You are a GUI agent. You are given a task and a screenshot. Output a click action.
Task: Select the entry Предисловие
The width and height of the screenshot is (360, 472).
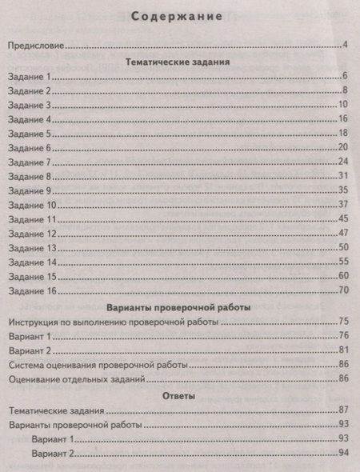pyautogui.click(x=35, y=45)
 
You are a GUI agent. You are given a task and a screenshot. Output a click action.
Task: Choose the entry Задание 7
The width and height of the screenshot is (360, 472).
pyautogui.click(x=29, y=162)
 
